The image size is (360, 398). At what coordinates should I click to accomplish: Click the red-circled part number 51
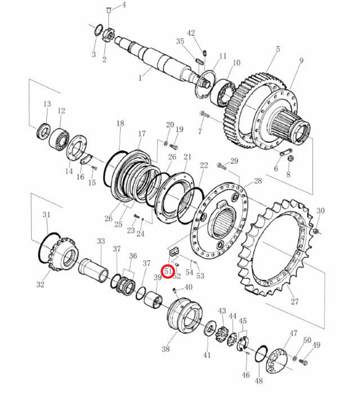(168, 271)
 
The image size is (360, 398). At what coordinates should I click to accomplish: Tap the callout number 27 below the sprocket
(295, 301)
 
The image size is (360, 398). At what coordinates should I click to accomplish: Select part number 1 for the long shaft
(140, 77)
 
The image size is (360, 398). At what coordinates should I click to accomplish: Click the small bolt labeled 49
(303, 362)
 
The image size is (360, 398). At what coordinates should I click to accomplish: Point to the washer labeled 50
(295, 358)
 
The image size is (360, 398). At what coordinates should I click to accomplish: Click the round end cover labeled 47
(277, 361)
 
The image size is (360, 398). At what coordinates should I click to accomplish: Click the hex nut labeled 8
(291, 158)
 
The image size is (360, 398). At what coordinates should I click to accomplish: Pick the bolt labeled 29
(222, 167)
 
